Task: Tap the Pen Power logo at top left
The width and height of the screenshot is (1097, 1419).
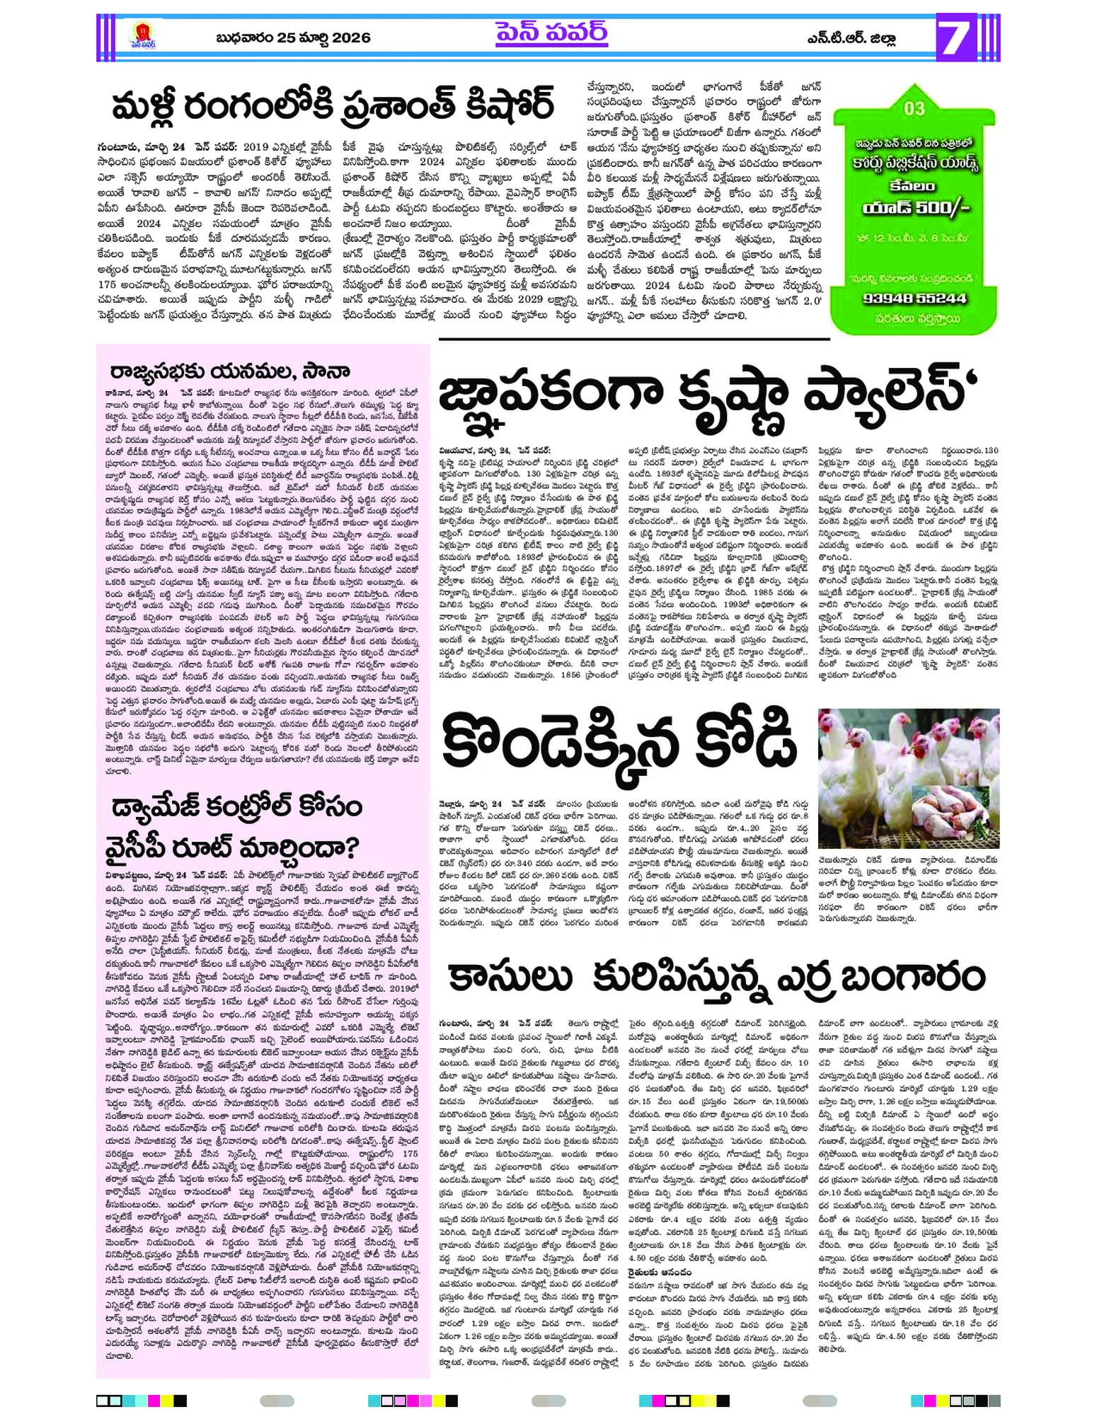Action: tap(143, 35)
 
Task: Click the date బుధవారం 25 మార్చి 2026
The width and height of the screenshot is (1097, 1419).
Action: tap(293, 37)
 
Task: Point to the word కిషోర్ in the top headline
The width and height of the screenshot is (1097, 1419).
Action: tap(493, 105)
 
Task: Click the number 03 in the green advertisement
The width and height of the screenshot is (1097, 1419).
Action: tap(914, 108)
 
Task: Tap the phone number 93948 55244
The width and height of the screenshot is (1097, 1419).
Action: tap(914, 299)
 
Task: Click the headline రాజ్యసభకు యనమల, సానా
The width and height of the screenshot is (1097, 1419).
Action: tap(230, 372)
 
